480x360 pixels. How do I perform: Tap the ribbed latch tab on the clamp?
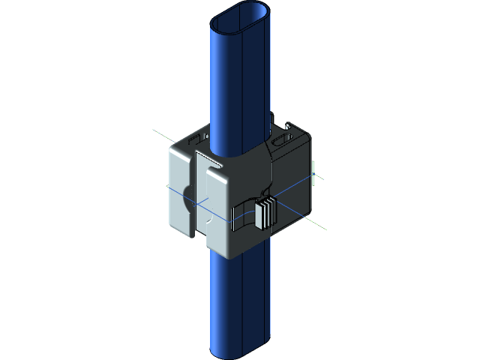[265, 214]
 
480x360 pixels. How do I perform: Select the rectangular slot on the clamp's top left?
[197, 139]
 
